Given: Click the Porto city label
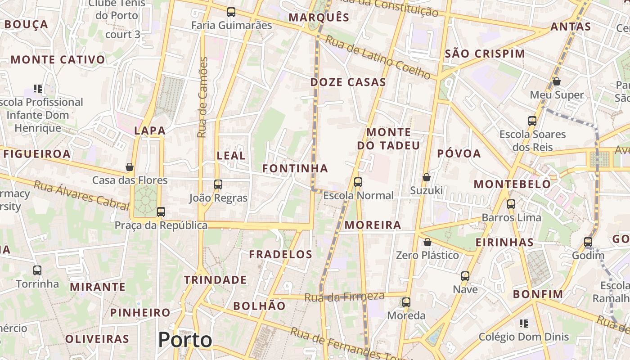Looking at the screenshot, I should click(185, 340).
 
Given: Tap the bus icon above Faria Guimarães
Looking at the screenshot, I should click(231, 12).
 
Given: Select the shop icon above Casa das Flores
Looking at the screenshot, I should click(130, 167).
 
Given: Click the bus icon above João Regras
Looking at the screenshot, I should click(218, 184).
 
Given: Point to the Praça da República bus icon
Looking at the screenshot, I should click(161, 211).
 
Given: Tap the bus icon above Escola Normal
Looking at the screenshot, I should click(358, 182).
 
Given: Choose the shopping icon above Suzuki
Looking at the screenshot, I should click(426, 177).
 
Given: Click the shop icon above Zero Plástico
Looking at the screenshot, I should click(427, 242).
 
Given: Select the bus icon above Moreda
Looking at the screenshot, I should click(406, 302).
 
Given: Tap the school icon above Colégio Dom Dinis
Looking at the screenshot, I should click(523, 323).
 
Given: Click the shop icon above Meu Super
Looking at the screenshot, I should click(557, 81).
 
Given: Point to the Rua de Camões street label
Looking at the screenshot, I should click(202, 97).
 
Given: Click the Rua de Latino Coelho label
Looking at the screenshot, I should click(378, 58).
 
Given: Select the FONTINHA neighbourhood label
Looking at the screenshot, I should click(295, 168).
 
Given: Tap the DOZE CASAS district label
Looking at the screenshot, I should click(348, 82).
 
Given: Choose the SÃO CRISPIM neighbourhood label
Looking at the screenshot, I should click(485, 54).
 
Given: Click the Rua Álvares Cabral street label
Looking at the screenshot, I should click(81, 195).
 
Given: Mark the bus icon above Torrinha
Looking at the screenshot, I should click(37, 270).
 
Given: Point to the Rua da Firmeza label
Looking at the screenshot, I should click(345, 297).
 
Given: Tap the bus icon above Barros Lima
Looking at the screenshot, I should click(511, 204).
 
